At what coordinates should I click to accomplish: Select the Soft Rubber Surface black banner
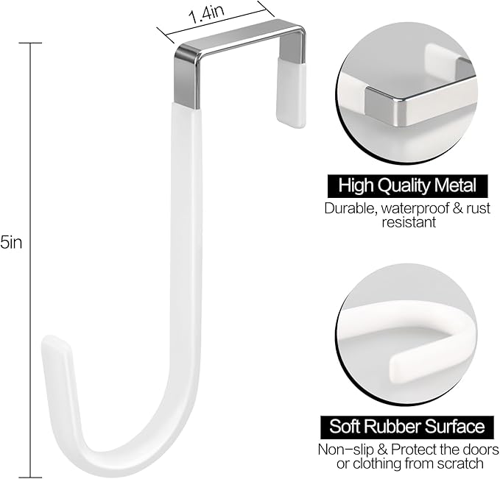coord(406,426)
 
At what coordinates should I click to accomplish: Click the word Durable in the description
coord(351,207)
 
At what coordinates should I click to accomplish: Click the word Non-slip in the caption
coord(343,449)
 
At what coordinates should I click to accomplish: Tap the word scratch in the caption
coord(462,463)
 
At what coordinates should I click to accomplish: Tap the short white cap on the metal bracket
coord(291,93)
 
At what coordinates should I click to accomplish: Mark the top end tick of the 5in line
coord(30,43)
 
